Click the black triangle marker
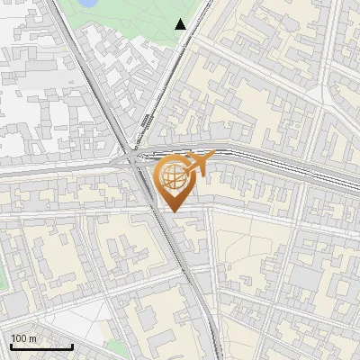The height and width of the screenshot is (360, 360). tap(181, 24)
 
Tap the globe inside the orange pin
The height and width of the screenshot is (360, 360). tap(174, 178)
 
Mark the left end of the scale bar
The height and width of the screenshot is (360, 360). tap(11, 346)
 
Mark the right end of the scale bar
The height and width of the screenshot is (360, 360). tap(72, 346)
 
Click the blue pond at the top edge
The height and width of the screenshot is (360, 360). tap(88, 4)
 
